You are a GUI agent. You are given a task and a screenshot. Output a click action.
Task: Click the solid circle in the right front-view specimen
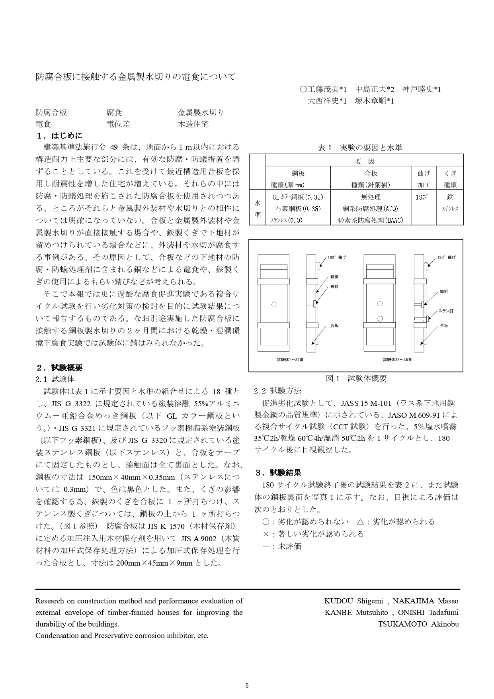[x=380, y=319]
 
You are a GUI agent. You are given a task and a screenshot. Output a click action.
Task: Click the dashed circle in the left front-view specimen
[x=274, y=305]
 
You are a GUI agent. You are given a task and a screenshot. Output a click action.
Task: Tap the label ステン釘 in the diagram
[x=446, y=311]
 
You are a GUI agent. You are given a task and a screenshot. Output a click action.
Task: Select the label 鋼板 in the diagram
[x=334, y=277]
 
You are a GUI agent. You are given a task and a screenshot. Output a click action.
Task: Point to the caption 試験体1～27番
[x=290, y=360]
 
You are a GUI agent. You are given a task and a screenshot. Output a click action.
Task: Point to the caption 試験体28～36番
[x=397, y=360]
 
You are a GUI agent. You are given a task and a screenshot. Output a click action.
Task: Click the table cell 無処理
[x=371, y=197]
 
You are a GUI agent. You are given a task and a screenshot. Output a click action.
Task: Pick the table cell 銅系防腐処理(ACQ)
[x=371, y=209]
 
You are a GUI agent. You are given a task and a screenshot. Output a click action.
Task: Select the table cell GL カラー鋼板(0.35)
[x=298, y=197]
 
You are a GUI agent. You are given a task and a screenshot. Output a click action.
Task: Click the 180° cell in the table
[x=422, y=197]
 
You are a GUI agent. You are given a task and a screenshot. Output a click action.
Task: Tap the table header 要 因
[x=364, y=161]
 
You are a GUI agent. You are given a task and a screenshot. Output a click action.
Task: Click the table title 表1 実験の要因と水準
[x=360, y=148]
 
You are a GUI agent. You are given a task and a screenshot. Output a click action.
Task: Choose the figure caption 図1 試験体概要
[x=356, y=379]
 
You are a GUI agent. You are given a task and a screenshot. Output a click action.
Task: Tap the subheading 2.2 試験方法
[x=277, y=391]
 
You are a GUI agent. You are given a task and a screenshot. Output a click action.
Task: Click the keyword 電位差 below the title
[x=118, y=124]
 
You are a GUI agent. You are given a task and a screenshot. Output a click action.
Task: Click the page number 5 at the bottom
[x=247, y=686]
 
